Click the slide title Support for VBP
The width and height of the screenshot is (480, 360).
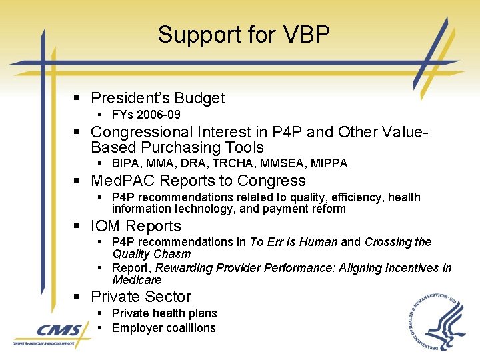pos(243,35)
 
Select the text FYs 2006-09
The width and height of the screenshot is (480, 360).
pos(146,115)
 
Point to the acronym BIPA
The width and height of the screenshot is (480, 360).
pos(127,163)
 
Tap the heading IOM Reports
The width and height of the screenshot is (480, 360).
pos(136,226)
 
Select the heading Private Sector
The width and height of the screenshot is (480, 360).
pos(141,297)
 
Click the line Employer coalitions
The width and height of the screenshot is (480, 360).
pos(164,328)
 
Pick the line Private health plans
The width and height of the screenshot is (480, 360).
pos(165,313)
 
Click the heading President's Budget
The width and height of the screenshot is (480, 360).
pos(158,98)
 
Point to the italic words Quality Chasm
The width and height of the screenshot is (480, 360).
pos(151,253)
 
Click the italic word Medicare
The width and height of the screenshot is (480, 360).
pos(137,279)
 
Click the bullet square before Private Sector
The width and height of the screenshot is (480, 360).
pos(77,297)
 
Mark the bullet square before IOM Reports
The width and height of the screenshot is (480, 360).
pos(77,227)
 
